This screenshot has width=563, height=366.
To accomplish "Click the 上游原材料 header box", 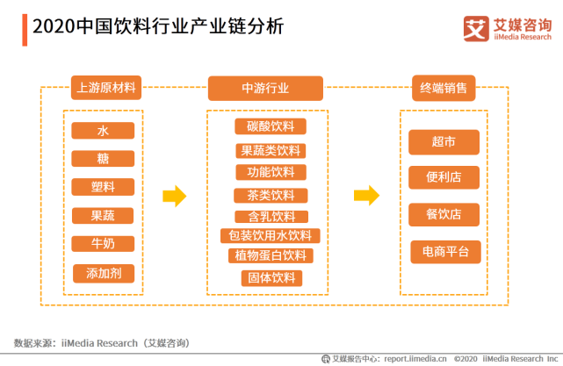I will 107,89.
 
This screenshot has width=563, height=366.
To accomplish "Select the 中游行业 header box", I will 265,89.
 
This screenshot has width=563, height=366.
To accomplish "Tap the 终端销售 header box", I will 444,89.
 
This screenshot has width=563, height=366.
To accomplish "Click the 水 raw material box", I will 104,131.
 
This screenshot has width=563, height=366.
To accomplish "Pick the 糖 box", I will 104,159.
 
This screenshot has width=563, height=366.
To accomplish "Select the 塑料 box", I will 104,187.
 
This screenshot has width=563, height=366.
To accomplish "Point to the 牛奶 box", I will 104,244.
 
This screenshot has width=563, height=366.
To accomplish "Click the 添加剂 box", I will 104,273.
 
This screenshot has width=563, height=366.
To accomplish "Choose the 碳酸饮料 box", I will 271,126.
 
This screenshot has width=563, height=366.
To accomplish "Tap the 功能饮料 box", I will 271,172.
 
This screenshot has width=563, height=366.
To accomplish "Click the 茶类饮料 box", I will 271,195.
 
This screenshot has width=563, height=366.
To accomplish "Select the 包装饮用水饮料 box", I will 271,235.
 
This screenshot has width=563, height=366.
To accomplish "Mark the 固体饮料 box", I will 271,278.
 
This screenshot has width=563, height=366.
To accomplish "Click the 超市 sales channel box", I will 444,142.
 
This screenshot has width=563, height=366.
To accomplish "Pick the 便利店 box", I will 444,177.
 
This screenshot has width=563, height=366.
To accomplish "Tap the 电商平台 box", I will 446,252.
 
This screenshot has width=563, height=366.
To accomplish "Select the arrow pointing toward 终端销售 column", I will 366,195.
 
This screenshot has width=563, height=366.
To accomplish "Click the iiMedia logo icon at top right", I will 475,28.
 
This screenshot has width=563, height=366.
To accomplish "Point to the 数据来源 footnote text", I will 102,342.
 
